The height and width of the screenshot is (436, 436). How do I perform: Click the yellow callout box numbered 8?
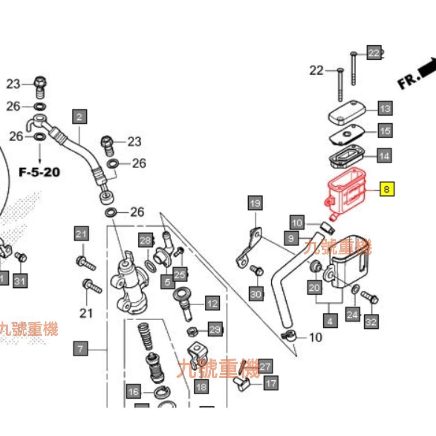(387, 188)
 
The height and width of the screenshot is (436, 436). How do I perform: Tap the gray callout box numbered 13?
(385, 109)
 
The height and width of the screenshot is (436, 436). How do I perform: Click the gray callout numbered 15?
(385, 131)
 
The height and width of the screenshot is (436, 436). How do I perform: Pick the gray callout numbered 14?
(384, 156)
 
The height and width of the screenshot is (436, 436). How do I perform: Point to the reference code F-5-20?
(39, 172)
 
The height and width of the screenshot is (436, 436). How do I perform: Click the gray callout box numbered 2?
(79, 116)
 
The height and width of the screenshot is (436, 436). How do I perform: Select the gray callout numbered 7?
(80, 350)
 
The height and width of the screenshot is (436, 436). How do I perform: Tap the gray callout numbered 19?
(255, 204)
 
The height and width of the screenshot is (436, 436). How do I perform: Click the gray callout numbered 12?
(212, 304)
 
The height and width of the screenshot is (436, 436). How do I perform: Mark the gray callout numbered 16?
(134, 391)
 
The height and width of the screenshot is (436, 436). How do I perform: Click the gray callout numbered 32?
(370, 322)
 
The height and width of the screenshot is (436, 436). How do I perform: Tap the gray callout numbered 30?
(256, 294)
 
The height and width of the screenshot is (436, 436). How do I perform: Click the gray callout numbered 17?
(271, 383)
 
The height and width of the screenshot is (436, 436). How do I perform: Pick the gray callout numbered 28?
(146, 241)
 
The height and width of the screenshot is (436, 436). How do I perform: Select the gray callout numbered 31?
(20, 281)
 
